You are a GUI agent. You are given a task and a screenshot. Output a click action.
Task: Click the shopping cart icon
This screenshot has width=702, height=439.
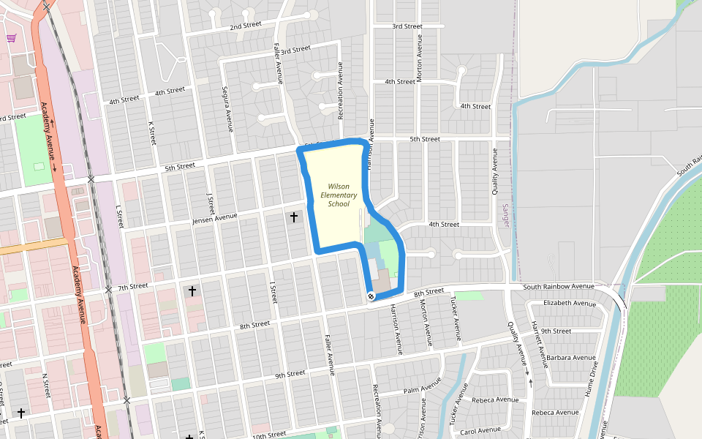[11, 38]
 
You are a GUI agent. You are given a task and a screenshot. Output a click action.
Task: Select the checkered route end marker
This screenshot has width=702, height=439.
[371, 296]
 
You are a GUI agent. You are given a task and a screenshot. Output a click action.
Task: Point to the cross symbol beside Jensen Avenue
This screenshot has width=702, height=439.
[294, 217]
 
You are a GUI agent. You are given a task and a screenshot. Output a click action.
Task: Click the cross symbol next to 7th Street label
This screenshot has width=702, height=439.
[192, 291]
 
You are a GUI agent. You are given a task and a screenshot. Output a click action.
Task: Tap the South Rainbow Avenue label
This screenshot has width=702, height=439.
[563, 286]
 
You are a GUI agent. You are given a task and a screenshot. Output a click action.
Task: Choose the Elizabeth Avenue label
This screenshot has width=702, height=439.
[570, 303]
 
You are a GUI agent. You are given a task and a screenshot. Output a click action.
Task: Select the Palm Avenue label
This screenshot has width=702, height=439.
[421, 386]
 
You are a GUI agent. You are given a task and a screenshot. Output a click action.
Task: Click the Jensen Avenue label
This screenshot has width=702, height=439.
[215, 219]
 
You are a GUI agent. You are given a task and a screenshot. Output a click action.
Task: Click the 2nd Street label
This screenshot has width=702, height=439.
[245, 26]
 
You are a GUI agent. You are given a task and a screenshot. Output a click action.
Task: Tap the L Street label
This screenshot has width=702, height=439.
[120, 216]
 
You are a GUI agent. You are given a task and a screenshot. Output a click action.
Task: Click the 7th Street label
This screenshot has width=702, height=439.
[132, 286]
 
